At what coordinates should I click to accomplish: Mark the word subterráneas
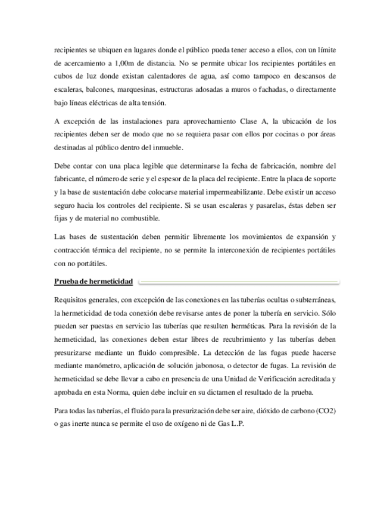[x=313, y=300]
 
